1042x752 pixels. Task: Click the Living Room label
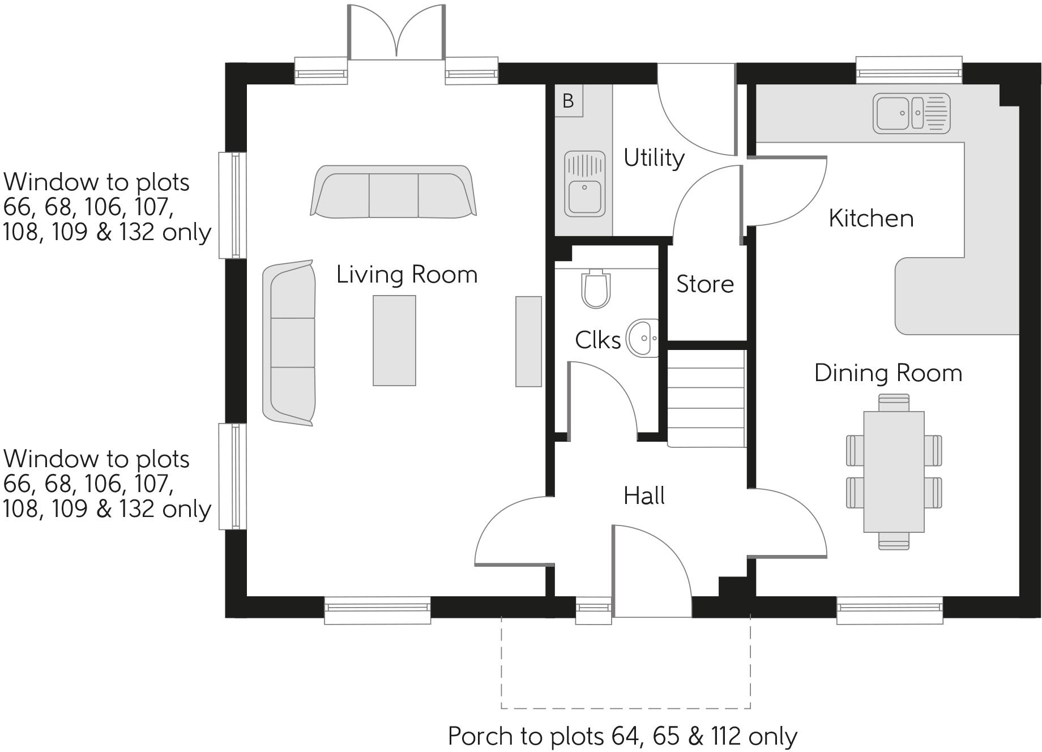click(407, 275)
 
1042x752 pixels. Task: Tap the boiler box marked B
click(569, 101)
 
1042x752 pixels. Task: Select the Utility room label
click(654, 158)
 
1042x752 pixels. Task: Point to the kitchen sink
click(911, 113)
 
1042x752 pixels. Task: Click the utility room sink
click(585, 183)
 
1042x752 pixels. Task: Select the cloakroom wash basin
click(643, 339)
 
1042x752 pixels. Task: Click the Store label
click(705, 284)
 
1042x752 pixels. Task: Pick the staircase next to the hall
click(706, 399)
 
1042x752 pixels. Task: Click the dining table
click(894, 472)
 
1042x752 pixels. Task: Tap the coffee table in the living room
click(394, 340)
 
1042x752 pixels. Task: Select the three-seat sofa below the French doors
click(394, 191)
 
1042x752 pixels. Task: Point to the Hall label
click(644, 496)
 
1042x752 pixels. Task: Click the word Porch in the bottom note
click(481, 736)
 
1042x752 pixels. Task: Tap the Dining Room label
click(888, 373)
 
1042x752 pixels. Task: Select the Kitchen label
click(871, 219)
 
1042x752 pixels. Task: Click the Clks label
click(597, 340)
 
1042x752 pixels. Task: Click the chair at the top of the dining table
click(894, 403)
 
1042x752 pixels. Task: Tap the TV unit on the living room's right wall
click(528, 341)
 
